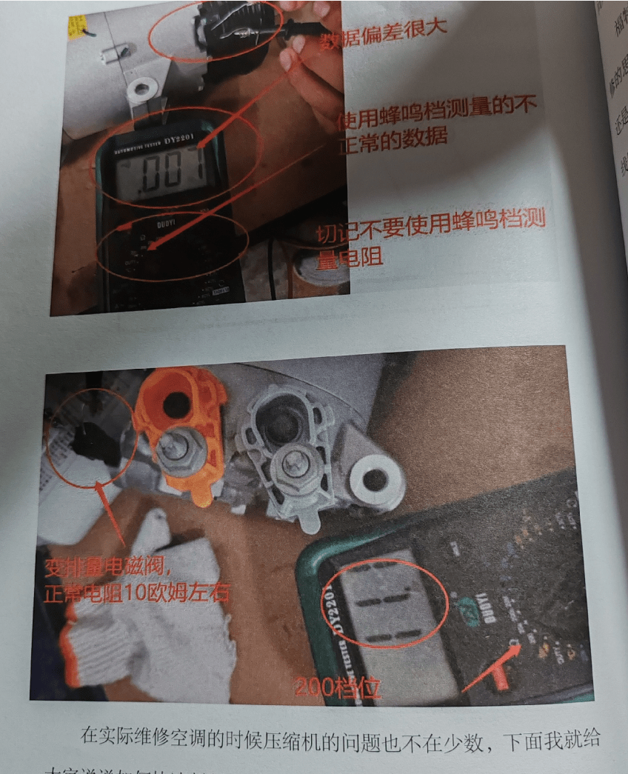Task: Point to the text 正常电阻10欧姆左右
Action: pos(137,593)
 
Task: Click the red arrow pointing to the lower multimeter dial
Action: pos(492,666)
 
